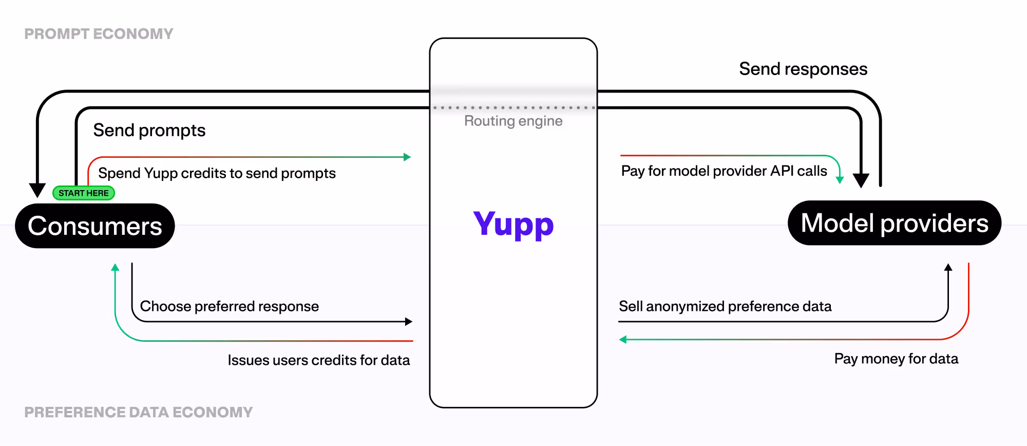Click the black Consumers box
coord(95,226)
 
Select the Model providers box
coord(895,223)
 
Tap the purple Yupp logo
coord(513,224)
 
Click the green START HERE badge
coord(84,193)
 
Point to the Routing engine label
coord(513,121)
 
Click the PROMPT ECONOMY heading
coord(99,34)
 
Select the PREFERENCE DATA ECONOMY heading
coord(138,412)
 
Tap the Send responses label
coord(803,69)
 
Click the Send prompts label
coord(149,131)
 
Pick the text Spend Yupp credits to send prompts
coord(217,173)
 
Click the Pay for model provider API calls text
coord(724,171)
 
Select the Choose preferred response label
coord(229,306)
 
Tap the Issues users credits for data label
coord(318,360)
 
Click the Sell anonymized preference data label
coord(725,306)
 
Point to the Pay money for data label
coord(896,359)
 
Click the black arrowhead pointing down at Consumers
coord(37,190)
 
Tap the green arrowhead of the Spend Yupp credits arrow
coord(407,157)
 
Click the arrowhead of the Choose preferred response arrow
coord(409,322)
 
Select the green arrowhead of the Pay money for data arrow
coord(623,340)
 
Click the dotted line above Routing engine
coord(513,108)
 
